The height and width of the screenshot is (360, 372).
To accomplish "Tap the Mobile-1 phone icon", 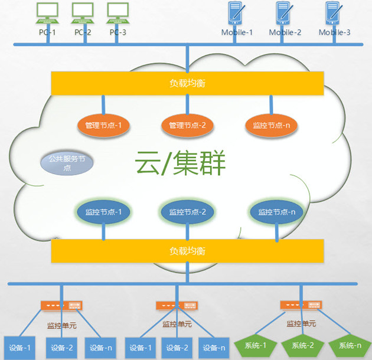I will tap(236, 14).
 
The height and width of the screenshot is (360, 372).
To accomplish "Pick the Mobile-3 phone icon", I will tap(335, 14).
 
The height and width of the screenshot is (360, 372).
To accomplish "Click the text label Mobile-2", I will tap(285, 32).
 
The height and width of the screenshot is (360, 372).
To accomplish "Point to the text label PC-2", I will tap(83, 32).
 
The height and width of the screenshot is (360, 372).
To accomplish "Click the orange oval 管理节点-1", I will tap(103, 125).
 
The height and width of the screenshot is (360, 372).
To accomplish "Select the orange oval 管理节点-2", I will tap(187, 125).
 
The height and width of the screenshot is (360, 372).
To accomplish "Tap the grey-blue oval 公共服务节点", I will tap(67, 163).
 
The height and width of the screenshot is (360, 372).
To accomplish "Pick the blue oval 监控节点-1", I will tap(103, 212).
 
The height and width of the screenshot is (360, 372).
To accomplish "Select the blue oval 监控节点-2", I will tap(187, 212).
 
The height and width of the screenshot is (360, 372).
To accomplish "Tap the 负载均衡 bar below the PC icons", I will tap(187, 83).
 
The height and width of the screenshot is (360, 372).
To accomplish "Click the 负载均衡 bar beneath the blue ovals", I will tap(187, 251).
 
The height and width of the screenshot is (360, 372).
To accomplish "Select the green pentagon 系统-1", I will tap(255, 345).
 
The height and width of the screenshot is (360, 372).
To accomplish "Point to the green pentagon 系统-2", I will tap(304, 345).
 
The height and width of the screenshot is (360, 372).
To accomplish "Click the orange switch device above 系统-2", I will tap(302, 305).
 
